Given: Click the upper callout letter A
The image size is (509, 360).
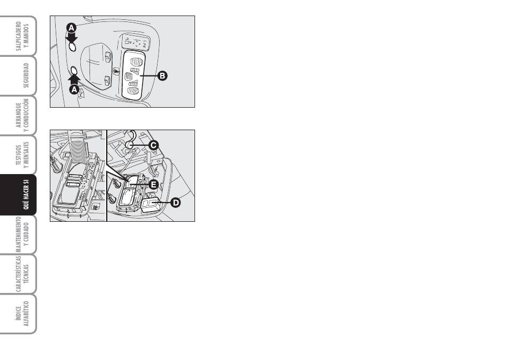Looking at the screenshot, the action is click(x=71, y=28).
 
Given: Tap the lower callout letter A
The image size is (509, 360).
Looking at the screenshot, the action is click(x=74, y=89).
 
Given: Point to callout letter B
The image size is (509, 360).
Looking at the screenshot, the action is click(x=162, y=76).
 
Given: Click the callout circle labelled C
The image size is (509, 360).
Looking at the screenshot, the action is click(x=154, y=145).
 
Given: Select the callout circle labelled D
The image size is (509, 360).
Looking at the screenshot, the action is click(x=175, y=203).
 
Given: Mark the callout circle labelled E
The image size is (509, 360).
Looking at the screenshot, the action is click(x=154, y=185).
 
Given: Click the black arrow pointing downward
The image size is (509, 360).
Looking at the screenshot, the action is click(x=71, y=37).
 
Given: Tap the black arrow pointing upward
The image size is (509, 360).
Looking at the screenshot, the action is click(x=74, y=80).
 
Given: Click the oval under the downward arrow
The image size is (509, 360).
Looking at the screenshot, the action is click(x=72, y=47).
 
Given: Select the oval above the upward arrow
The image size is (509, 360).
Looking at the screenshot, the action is click(x=74, y=70).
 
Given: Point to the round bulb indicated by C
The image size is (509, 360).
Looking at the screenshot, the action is click(x=130, y=145).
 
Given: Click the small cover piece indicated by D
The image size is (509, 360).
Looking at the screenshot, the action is click(x=149, y=205).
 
